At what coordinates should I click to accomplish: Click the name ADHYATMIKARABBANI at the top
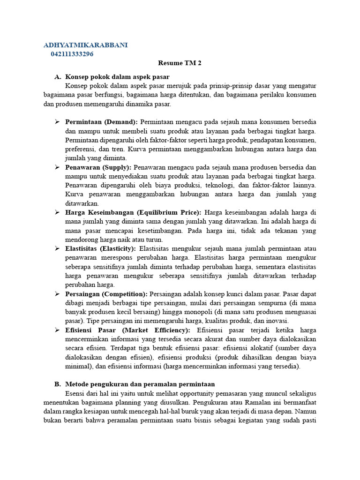click(85, 45)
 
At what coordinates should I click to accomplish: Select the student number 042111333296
click(72, 54)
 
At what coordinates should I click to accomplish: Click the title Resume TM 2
click(180, 63)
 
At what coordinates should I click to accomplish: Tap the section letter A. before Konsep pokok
click(58, 76)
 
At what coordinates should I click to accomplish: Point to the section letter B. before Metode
click(58, 384)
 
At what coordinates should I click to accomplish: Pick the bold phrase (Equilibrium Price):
click(166, 212)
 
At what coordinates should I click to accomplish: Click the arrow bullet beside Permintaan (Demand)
click(57, 122)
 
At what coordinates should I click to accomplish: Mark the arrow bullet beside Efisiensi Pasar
click(57, 330)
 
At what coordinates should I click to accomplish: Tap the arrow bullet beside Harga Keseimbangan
click(57, 212)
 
